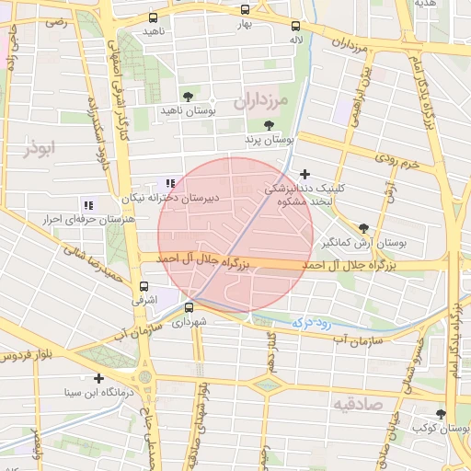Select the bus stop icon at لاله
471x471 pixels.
(x=294, y=27)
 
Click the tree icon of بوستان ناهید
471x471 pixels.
(x=188, y=96)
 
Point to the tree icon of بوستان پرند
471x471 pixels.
(x=269, y=125)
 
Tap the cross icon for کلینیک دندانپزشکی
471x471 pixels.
(x=304, y=173)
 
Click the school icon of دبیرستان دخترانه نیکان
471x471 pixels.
(x=169, y=184)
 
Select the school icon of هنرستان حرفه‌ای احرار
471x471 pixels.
(x=87, y=206)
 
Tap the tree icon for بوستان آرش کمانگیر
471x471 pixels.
(x=364, y=228)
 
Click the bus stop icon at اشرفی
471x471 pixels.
(x=143, y=287)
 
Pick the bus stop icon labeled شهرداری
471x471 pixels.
(x=190, y=308)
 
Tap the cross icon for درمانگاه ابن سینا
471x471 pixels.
(x=98, y=378)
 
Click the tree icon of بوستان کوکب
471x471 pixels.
(x=441, y=415)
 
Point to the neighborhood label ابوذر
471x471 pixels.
(x=41, y=146)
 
